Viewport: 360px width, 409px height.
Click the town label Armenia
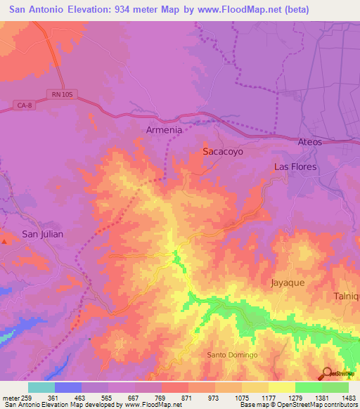[x=163, y=130]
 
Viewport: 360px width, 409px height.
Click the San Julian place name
[x=42, y=234]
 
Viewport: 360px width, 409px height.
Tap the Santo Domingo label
[x=232, y=355]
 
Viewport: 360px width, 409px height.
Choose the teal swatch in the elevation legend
[x=41, y=387]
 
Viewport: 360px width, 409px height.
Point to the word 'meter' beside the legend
[x=11, y=397]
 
